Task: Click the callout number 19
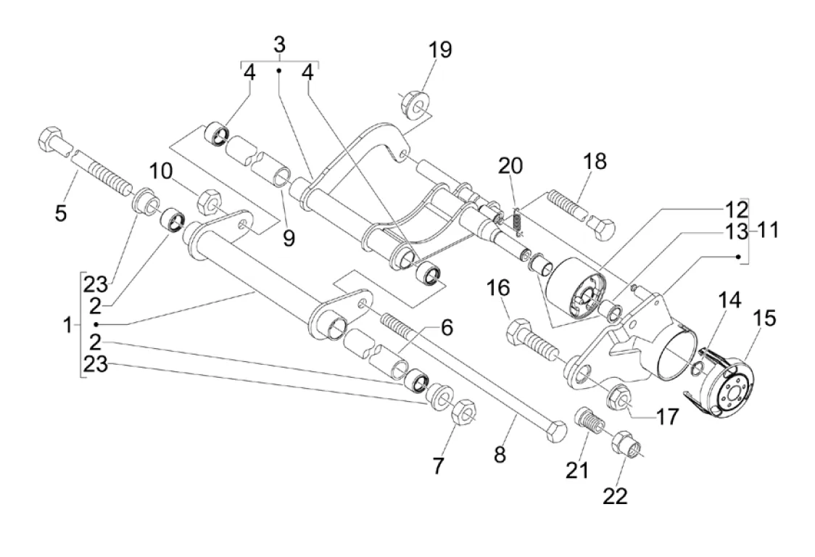(x=439, y=50)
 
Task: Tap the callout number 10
(x=163, y=173)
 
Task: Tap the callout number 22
(x=614, y=495)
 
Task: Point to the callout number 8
(x=500, y=455)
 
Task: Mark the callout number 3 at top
(x=279, y=44)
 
